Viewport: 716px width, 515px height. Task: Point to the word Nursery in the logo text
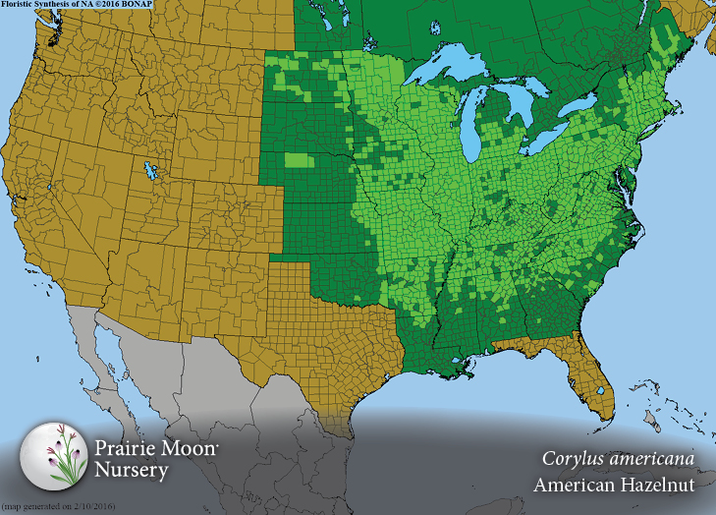[132, 470]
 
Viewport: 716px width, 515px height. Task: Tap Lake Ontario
[582, 103]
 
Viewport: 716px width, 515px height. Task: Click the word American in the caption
[574, 485]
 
